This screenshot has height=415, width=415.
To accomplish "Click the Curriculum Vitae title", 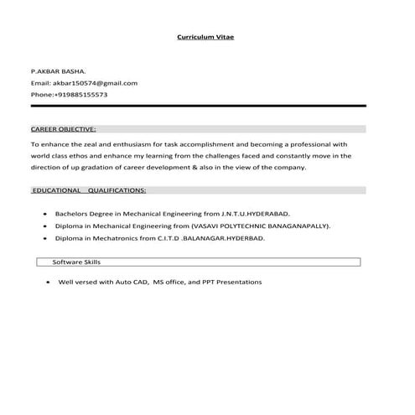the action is pos(205,38).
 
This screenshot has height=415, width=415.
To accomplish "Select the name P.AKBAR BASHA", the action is pos(58,73).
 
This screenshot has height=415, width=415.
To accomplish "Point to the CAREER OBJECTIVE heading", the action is pos(64,130).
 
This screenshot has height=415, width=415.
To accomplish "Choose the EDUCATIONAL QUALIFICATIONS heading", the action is pos(89,190).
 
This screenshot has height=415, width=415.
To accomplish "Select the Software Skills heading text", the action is pos(76,262).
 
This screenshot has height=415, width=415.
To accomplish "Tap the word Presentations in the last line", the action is pos(239,282).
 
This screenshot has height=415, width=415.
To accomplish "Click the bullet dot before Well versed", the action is pos(48,283).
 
